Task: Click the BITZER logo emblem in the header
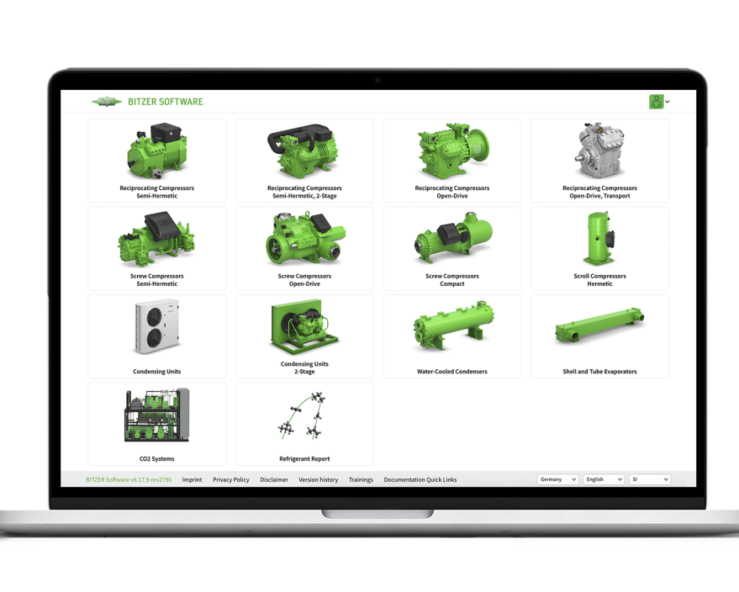point(107,102)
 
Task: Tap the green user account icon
point(657,102)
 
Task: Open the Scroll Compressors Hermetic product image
point(599,239)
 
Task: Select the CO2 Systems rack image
point(157,415)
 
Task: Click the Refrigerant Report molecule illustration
point(303,415)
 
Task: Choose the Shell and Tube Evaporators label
point(599,372)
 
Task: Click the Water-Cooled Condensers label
point(452,372)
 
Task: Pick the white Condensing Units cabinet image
point(157,326)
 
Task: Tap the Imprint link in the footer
point(192,480)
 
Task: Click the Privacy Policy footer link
point(231,480)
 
